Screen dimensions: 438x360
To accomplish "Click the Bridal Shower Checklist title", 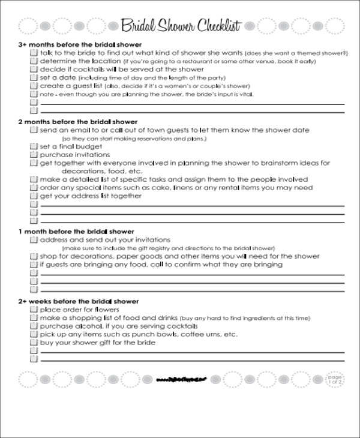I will point(181,26).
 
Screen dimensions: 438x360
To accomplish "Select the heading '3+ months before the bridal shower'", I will point(80,45).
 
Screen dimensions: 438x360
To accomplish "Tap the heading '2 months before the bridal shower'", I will point(78,122).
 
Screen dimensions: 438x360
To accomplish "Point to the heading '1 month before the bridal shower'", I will point(76,232).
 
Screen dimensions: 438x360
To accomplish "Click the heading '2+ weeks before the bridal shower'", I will point(79,301).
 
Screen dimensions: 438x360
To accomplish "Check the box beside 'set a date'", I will point(34,78).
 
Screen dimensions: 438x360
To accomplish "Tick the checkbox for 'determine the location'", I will point(34,61).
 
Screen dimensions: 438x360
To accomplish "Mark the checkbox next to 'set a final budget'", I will point(34,146).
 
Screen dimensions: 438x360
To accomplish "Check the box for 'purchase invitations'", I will point(34,155).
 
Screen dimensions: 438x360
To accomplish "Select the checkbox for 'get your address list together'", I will point(34,196).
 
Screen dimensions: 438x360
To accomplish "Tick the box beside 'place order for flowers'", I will point(34,310).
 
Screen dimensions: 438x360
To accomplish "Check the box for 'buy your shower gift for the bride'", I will point(34,343).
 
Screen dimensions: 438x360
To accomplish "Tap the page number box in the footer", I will point(334,379).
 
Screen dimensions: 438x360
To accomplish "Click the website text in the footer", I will point(181,379).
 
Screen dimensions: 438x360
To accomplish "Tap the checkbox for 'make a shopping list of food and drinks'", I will point(34,318).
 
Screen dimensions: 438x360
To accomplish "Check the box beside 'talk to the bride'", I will point(34,53).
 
